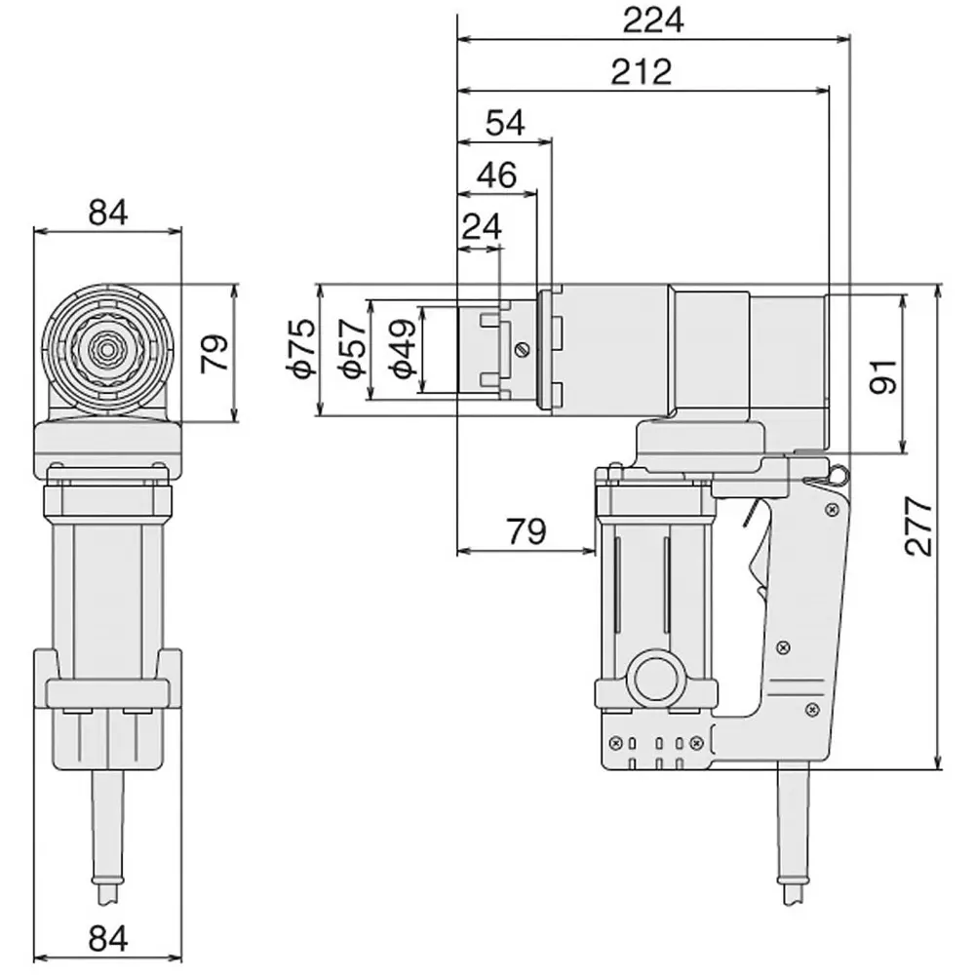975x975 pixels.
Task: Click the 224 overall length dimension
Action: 653,20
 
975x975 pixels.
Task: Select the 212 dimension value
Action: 643,71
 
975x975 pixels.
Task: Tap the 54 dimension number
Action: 505,123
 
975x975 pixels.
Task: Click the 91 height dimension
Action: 882,374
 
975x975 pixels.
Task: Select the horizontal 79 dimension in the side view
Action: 526,531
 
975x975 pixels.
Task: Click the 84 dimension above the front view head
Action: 107,212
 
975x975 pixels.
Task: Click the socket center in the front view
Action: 107,346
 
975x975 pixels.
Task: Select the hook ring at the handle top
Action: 834,475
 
